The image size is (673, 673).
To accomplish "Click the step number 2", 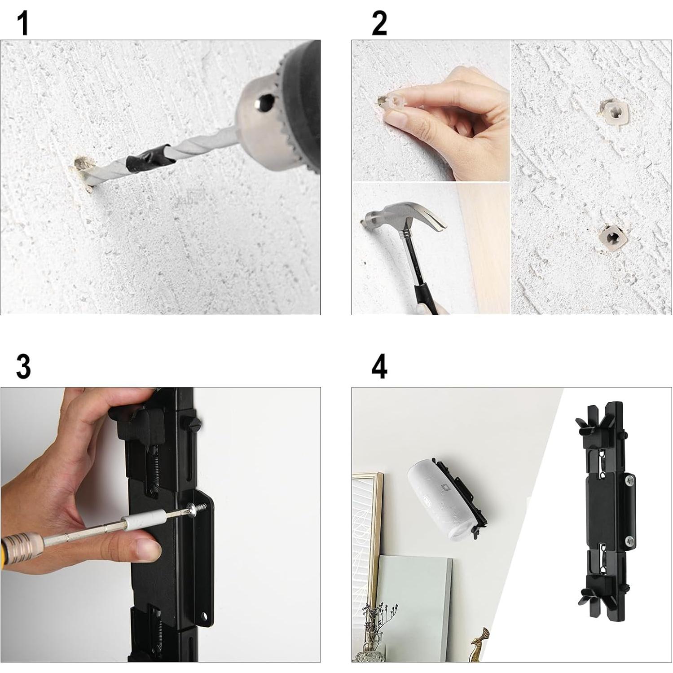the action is tap(379, 23).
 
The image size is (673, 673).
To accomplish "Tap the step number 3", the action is tap(23, 366).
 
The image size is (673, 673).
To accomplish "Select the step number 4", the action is tap(379, 366).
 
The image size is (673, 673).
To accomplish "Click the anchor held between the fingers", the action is tap(389, 101).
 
